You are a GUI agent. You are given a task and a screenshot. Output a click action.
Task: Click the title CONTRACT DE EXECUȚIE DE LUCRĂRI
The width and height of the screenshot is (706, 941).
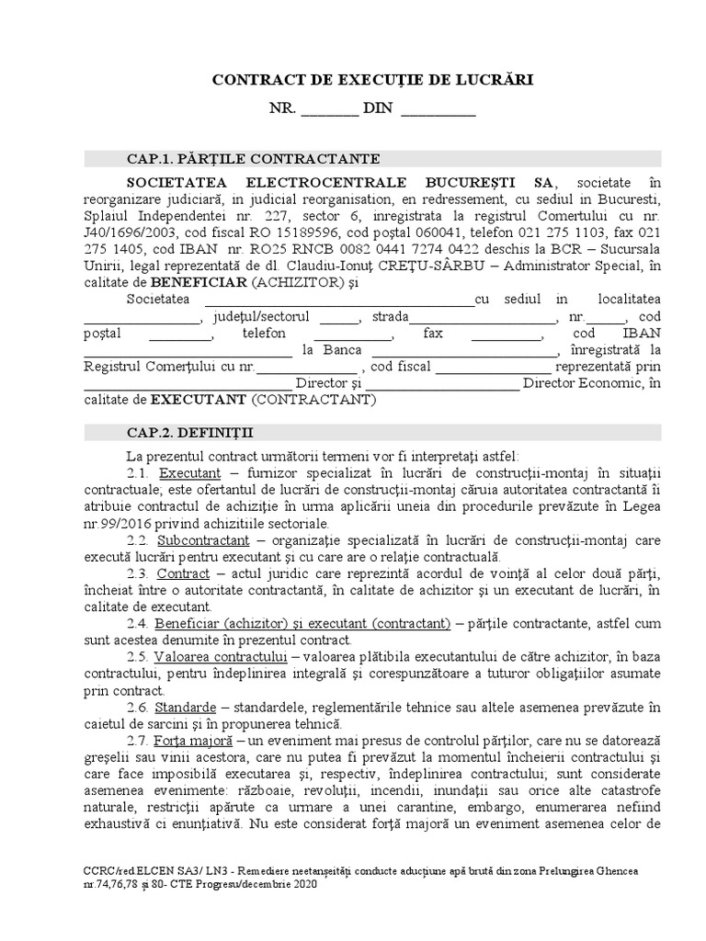tap(373, 81)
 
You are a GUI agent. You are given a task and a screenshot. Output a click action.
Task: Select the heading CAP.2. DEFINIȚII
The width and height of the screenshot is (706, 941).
tap(191, 431)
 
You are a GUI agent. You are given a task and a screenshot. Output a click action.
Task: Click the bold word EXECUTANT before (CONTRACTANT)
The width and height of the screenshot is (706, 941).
tap(198, 400)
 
